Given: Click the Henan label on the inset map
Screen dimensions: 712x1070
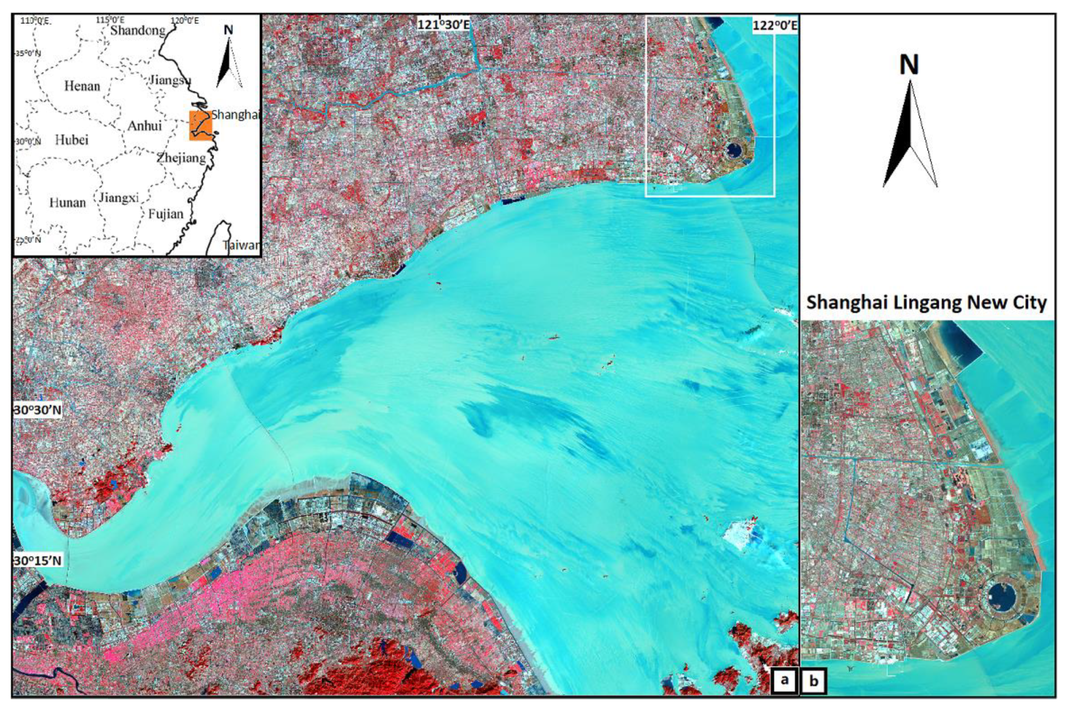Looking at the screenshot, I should click(82, 86).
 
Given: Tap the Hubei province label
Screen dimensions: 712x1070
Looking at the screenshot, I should click(71, 140).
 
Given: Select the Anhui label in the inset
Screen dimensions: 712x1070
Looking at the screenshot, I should click(145, 126).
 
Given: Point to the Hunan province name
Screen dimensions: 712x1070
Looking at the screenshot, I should click(68, 202).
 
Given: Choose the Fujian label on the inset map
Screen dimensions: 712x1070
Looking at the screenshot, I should click(166, 214).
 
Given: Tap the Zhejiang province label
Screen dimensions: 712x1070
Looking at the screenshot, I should click(182, 157).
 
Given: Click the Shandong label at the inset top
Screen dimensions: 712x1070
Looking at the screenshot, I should click(138, 30).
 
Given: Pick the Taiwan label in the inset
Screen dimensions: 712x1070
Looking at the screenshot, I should click(242, 245).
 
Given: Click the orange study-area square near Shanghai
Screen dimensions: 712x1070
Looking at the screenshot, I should click(201, 126).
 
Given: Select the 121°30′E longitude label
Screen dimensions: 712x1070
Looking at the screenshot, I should click(444, 24).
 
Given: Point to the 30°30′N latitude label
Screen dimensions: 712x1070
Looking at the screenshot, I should click(37, 409).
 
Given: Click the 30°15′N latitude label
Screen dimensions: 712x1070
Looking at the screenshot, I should click(37, 560).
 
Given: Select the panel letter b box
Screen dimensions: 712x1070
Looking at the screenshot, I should click(814, 681).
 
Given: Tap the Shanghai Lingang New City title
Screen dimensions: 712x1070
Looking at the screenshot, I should click(927, 302).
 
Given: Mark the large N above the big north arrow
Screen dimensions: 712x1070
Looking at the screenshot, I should click(909, 65).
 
